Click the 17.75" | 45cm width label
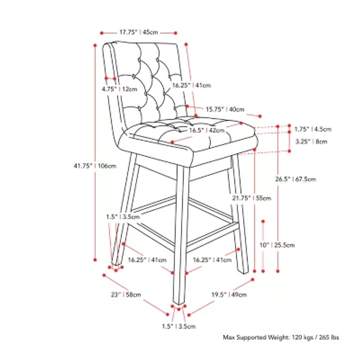click(139, 32)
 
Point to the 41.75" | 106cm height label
click(95, 166)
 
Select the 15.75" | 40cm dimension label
click(225, 109)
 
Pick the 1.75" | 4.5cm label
click(313, 130)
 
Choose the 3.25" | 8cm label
click(311, 142)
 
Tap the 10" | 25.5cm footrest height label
click(277, 245)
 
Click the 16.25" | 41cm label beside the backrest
click(191, 85)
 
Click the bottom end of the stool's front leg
click(180, 301)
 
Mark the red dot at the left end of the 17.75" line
click(102, 32)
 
